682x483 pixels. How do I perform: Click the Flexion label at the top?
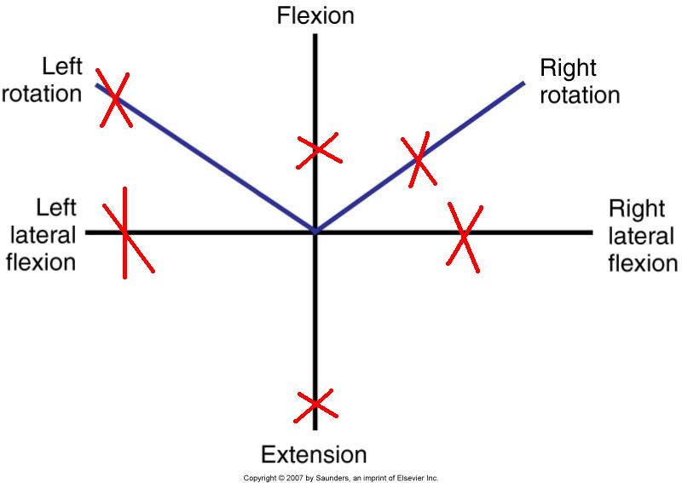tap(315, 15)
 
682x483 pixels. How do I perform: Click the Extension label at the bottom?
tap(314, 454)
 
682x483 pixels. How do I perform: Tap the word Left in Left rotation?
tap(61, 68)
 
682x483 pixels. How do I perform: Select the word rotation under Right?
tap(580, 95)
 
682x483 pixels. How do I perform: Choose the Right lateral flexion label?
tap(643, 235)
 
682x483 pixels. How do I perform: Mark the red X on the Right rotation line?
tap(419, 158)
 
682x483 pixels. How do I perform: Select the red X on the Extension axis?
tap(315, 403)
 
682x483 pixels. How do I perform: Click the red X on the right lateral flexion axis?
tap(464, 236)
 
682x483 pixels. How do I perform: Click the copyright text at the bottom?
tap(341, 478)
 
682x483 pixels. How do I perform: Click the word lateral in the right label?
tap(642, 235)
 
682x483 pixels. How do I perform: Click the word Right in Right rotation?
tap(569, 67)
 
